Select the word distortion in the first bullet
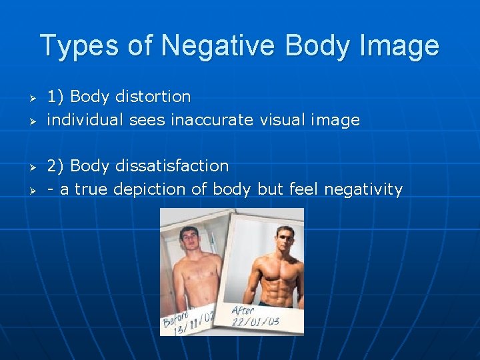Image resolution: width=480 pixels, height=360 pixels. click(153, 97)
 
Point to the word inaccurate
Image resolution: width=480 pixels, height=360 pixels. click(212, 121)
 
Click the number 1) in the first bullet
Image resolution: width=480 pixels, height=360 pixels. click(55, 97)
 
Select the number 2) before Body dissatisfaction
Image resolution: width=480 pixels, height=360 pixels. click(55, 165)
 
